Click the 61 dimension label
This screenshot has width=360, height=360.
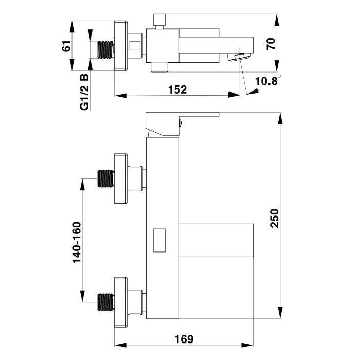click(x=66, y=46)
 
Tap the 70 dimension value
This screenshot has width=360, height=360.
click(x=271, y=44)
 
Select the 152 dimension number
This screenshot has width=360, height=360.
click(x=177, y=89)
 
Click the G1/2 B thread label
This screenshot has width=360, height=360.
click(x=84, y=92)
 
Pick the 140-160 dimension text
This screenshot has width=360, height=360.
click(x=77, y=242)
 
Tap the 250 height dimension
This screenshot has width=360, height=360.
click(x=274, y=218)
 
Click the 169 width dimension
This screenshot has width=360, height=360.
click(x=184, y=339)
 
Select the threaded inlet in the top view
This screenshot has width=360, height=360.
click(x=106, y=49)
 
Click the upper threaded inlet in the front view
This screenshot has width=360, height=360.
click(x=106, y=178)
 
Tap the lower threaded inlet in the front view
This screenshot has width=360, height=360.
click(x=106, y=302)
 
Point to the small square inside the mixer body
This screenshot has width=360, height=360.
click(x=159, y=240)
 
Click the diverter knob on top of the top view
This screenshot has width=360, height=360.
click(x=159, y=20)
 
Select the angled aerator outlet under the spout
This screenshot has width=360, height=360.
click(x=239, y=57)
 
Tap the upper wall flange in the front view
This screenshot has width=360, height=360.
click(x=121, y=178)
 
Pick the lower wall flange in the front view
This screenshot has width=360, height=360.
click(x=121, y=302)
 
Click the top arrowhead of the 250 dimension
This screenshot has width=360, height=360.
click(x=281, y=119)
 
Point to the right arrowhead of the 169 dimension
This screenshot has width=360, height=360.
click(x=247, y=345)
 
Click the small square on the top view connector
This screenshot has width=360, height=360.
click(x=135, y=45)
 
